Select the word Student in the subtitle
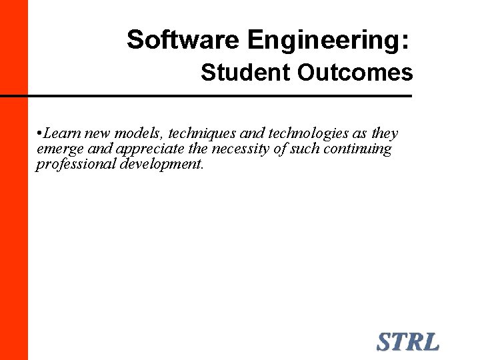click(x=247, y=73)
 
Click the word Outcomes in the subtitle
click(x=355, y=73)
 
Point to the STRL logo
click(x=408, y=342)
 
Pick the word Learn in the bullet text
click(x=62, y=133)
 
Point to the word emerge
click(x=59, y=149)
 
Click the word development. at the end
click(x=162, y=164)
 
